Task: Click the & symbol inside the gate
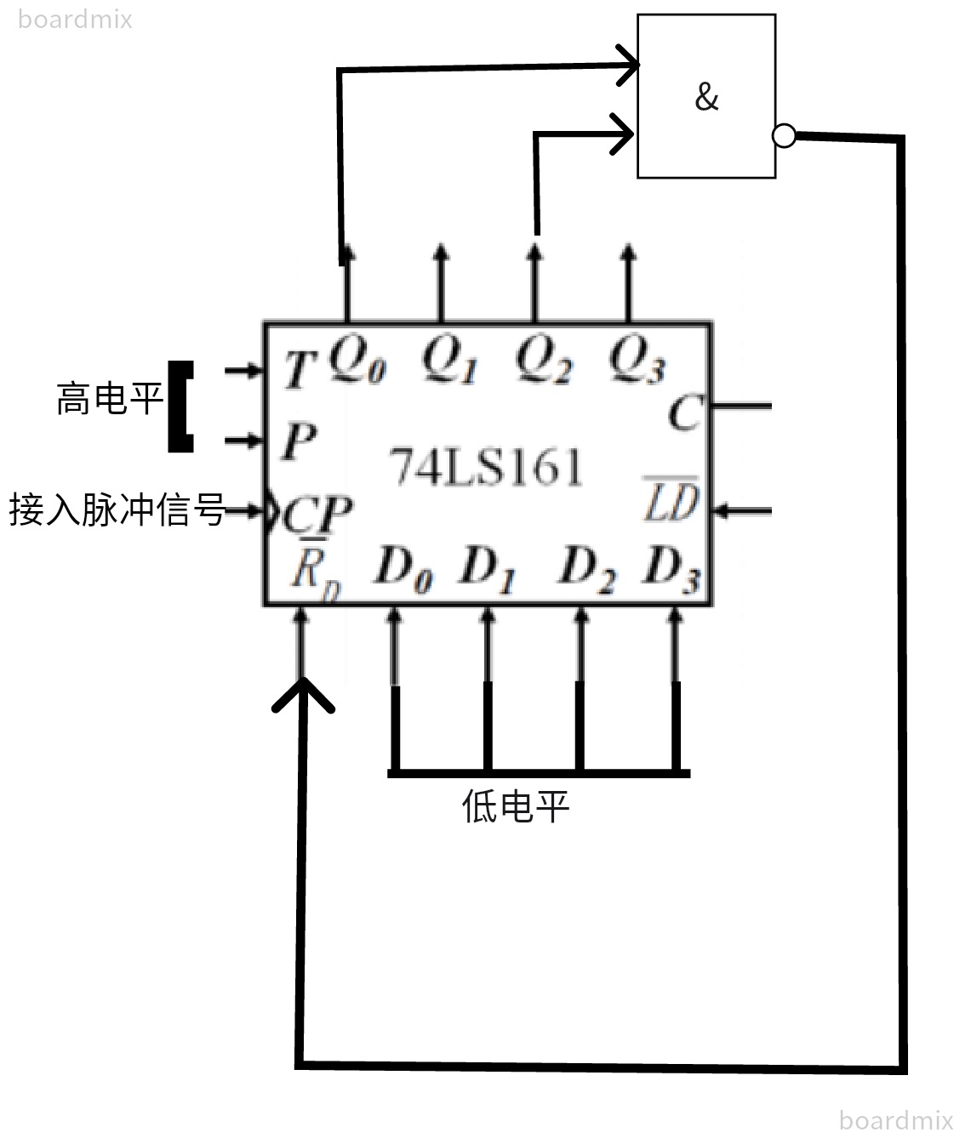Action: click(x=706, y=97)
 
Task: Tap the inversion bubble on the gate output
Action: click(x=784, y=135)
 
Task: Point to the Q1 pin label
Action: click(x=449, y=361)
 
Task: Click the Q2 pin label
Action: click(x=543, y=361)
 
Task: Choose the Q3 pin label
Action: click(x=637, y=361)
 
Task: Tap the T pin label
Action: click(x=299, y=370)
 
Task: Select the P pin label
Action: click(x=299, y=441)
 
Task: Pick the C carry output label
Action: click(x=684, y=414)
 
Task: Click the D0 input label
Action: click(x=403, y=568)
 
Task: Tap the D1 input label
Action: click(x=488, y=568)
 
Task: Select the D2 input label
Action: click(x=585, y=568)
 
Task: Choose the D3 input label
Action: click(x=672, y=568)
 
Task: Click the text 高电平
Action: click(x=110, y=399)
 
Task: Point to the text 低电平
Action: click(x=515, y=805)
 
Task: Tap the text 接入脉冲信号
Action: click(x=117, y=510)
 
